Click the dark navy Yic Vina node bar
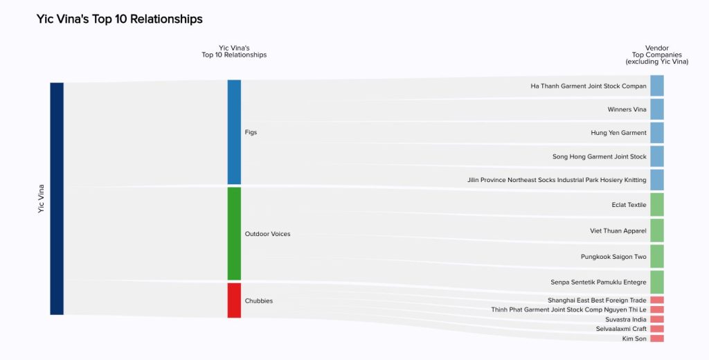pos(57,199)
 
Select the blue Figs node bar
pos(234,132)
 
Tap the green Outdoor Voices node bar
pos(234,233)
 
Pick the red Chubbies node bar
pos(234,300)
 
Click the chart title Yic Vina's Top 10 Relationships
pos(120,19)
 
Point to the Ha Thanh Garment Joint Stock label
pos(589,87)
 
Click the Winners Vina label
pos(627,109)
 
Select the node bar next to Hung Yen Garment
pos(657,133)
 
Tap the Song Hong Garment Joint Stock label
pos(599,156)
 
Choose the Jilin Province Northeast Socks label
pos(557,180)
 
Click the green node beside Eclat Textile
pos(657,205)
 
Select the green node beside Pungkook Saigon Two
pos(657,256)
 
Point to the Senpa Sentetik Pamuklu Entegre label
pos(598,282)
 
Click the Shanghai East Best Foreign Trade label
pos(597,300)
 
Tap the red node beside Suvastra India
pos(657,319)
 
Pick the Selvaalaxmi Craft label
pos(621,329)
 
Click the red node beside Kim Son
pos(657,339)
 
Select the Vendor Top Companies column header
pos(656,55)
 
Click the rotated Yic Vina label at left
pos(42,199)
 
